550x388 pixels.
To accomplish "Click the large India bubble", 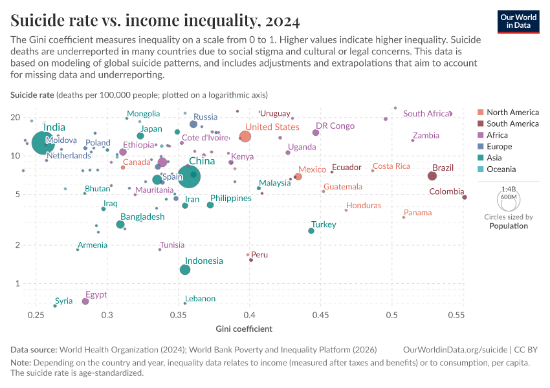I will point(43,143).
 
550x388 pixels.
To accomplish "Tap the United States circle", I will point(245,136).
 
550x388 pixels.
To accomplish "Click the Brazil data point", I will point(432,176).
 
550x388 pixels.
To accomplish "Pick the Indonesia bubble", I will point(185,270).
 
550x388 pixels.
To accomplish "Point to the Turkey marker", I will point(311,231).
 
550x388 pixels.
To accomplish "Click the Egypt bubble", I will point(85,301).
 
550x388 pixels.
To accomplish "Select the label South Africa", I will point(426,114).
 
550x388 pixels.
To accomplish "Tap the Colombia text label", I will point(446,191).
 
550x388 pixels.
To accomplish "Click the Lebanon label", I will point(201,299).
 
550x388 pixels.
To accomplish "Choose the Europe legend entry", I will point(498,147).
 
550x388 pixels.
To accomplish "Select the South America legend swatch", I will point(480,124).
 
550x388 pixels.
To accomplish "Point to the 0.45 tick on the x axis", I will point(321,315).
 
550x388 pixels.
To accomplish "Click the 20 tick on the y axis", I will point(14,118).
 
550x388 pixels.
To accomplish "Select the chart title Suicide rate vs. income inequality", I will point(155,21).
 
